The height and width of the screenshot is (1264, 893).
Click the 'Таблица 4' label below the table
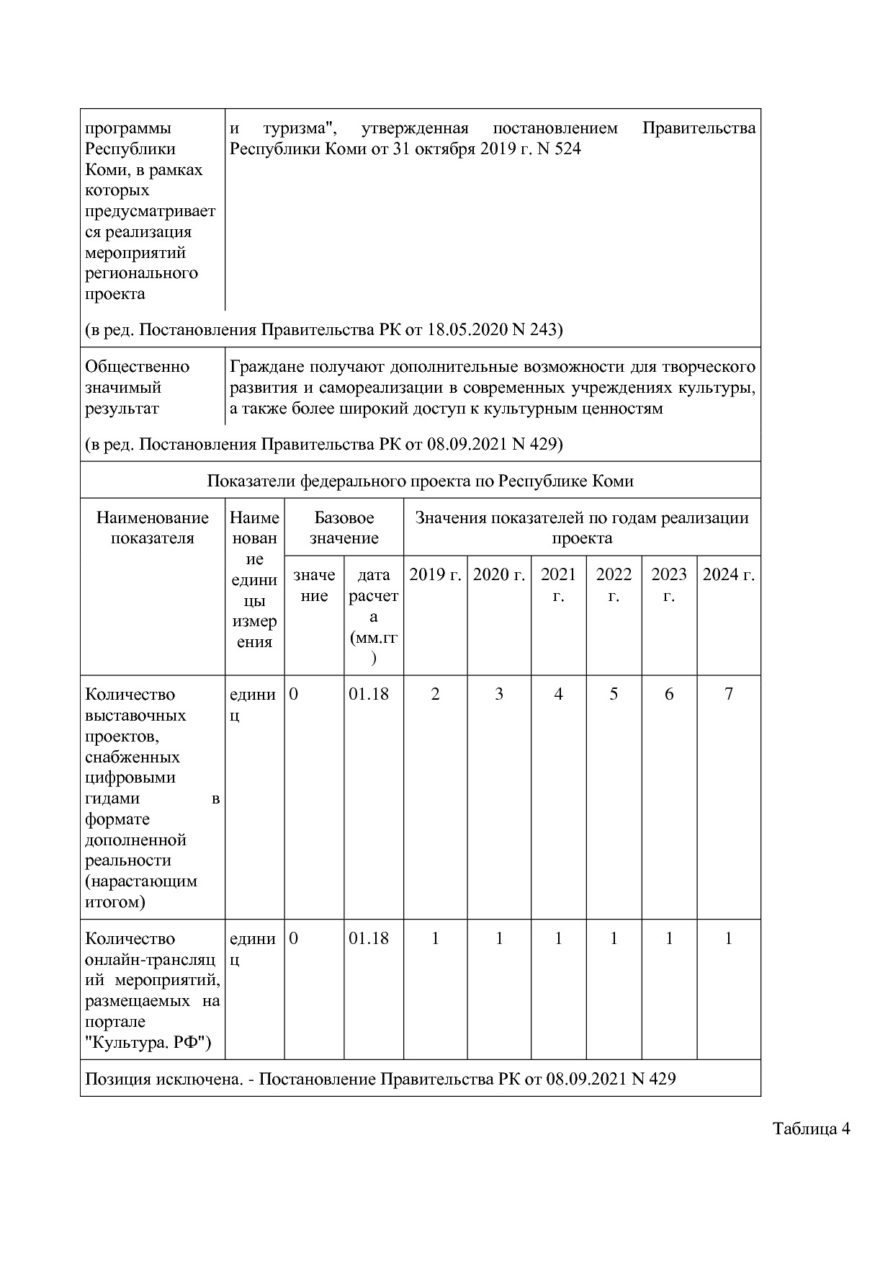click(812, 1129)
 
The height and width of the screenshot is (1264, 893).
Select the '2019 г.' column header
click(435, 575)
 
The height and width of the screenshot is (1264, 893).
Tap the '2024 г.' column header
click(728, 575)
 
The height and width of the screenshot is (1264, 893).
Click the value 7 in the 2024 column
click(728, 694)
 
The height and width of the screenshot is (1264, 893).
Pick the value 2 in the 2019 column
click(435, 694)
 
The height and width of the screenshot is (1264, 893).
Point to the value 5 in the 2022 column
click(614, 694)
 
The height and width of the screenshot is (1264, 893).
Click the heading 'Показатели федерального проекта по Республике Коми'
click(420, 481)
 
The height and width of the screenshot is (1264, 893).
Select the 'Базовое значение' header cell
click(344, 528)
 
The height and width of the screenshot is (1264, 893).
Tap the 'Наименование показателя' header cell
click(153, 528)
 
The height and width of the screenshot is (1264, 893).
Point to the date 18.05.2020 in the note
click(467, 329)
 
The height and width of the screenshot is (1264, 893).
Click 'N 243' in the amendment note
click(537, 329)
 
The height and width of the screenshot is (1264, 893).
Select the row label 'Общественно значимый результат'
click(138, 387)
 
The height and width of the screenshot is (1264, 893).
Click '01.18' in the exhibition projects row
click(369, 694)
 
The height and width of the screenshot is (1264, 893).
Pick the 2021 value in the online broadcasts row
click(558, 938)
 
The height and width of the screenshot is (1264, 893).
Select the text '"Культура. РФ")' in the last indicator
click(148, 1042)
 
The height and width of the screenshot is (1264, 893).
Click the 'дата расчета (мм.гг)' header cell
click(373, 616)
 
